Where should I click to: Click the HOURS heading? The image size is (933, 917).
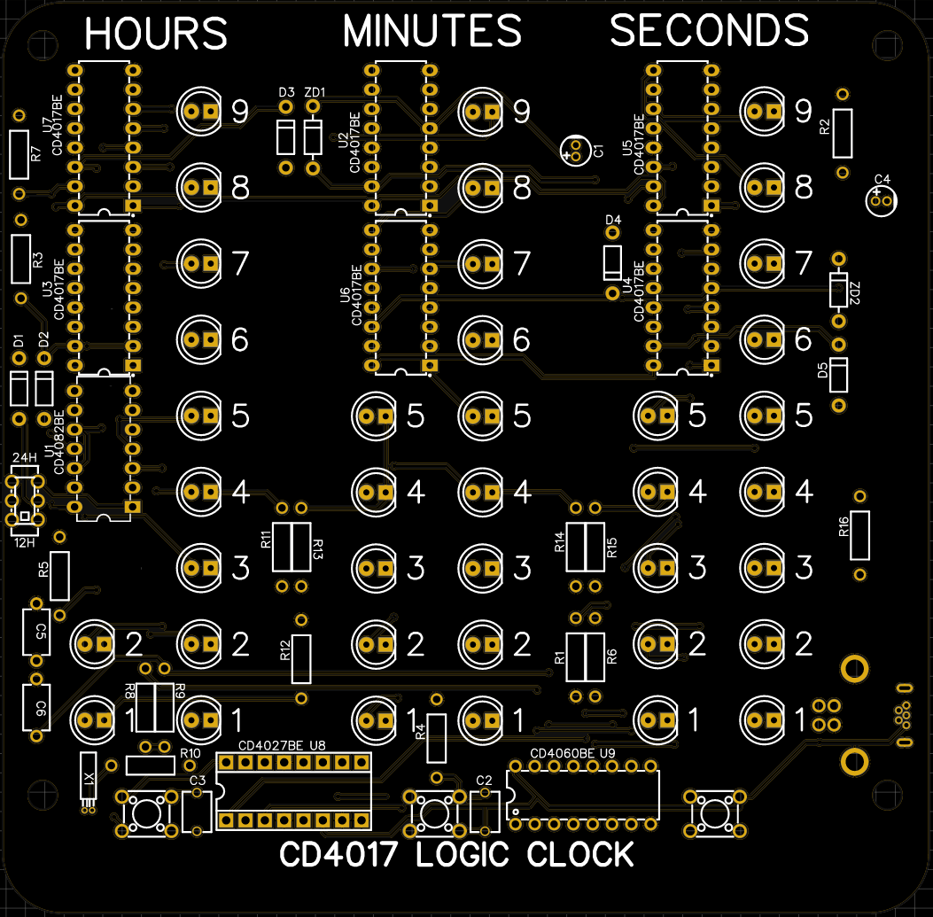156,34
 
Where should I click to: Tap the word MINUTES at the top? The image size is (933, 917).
432,32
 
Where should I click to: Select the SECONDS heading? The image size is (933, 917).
709,31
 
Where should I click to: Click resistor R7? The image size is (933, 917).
19,154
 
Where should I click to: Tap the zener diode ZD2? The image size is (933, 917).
838,290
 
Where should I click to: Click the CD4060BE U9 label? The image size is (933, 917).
572,753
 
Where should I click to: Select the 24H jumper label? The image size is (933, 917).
25,457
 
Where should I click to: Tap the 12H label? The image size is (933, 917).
25,542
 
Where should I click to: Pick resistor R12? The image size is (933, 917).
302,659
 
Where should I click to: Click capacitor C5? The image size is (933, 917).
36,632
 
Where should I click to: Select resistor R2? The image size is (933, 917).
843,133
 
